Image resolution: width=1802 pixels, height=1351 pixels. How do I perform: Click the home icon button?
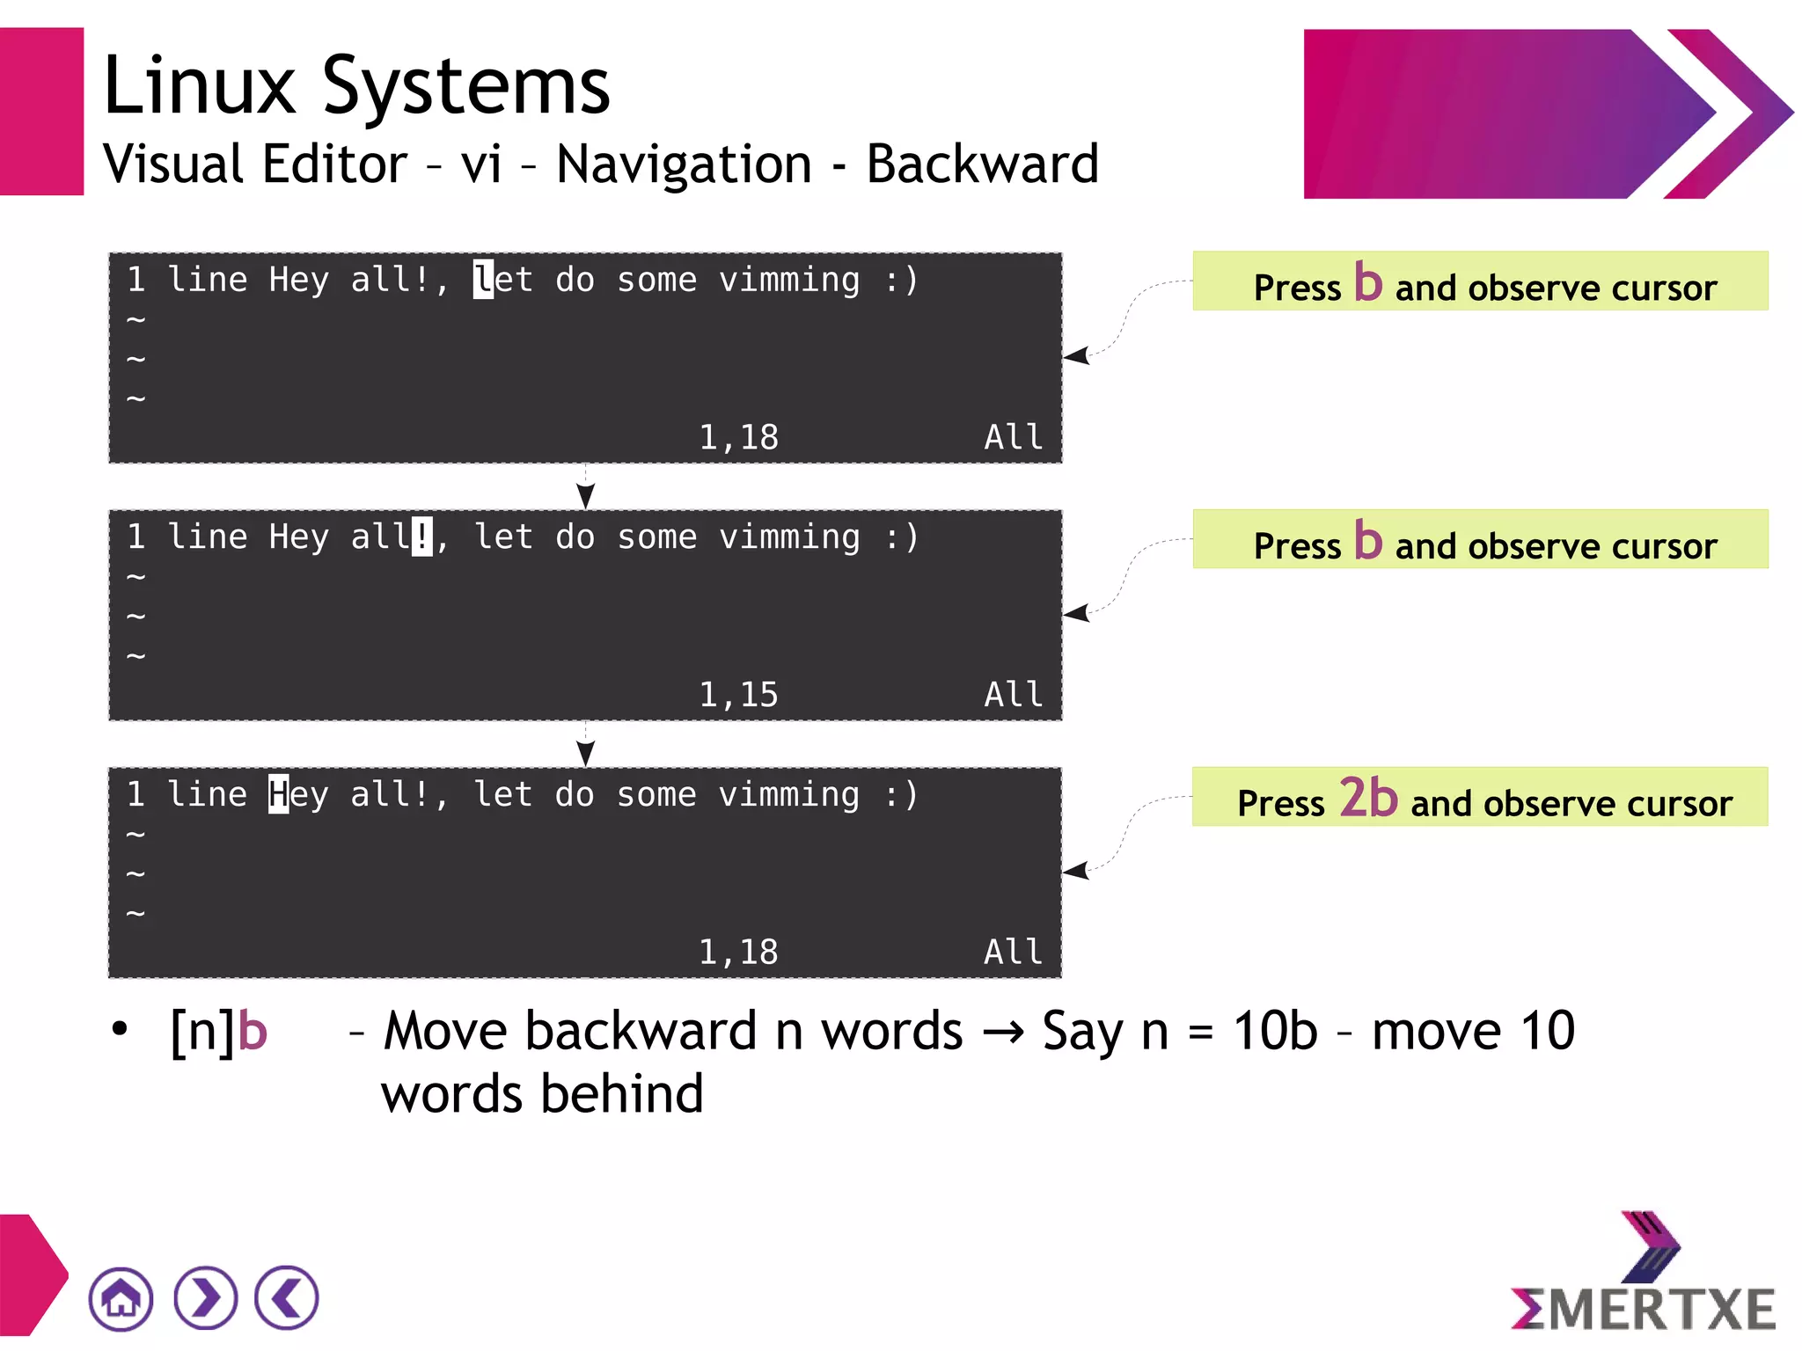point(121,1298)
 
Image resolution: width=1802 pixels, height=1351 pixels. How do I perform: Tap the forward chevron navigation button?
point(205,1298)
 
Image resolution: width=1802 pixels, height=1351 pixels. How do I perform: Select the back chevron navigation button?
point(287,1298)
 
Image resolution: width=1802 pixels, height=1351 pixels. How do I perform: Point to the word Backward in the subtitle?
point(983,164)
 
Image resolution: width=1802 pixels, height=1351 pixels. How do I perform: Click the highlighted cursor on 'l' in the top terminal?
point(483,280)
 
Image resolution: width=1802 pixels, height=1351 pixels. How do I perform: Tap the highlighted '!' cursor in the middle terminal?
point(422,537)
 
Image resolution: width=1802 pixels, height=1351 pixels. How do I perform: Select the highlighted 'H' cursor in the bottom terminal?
point(279,794)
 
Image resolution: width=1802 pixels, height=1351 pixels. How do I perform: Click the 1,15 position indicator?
point(738,695)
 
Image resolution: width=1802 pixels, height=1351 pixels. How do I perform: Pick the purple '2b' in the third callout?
point(1368,798)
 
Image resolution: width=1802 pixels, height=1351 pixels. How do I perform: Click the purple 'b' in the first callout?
point(1368,282)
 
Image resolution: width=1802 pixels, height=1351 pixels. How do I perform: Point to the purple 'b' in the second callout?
point(1368,540)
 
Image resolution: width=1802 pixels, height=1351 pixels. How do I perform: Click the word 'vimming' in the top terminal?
point(789,280)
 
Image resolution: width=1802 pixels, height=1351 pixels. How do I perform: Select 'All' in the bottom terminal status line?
point(1013,953)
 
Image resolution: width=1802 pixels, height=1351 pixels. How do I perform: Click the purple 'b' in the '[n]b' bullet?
point(253,1031)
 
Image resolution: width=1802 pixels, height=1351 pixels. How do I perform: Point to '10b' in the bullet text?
point(1275,1031)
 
